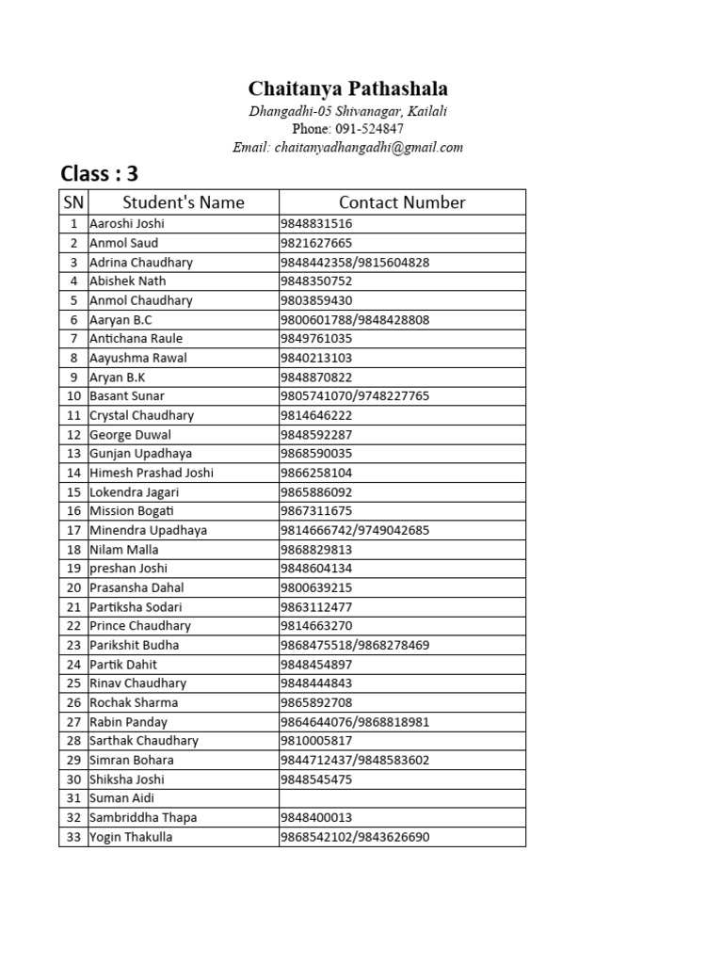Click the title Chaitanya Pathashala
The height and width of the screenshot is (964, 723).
(x=347, y=89)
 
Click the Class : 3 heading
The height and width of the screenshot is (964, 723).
(x=99, y=174)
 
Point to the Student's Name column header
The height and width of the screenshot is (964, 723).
(x=183, y=202)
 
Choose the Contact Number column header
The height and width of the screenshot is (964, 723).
(x=402, y=202)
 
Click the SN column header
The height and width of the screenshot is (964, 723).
(x=72, y=202)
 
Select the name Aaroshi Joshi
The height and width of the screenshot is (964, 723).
(x=127, y=224)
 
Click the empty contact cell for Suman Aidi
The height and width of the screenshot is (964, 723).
(x=402, y=798)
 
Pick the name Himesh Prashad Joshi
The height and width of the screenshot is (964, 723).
(x=151, y=473)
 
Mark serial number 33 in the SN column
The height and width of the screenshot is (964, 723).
(x=72, y=837)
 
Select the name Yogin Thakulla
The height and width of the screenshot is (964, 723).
(x=131, y=837)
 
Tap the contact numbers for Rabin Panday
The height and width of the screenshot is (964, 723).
(x=355, y=722)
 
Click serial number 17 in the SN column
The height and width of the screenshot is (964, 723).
(x=72, y=530)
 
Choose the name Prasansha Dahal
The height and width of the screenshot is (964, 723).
(x=137, y=587)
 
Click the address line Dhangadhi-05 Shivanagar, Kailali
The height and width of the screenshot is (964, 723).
(x=347, y=111)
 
